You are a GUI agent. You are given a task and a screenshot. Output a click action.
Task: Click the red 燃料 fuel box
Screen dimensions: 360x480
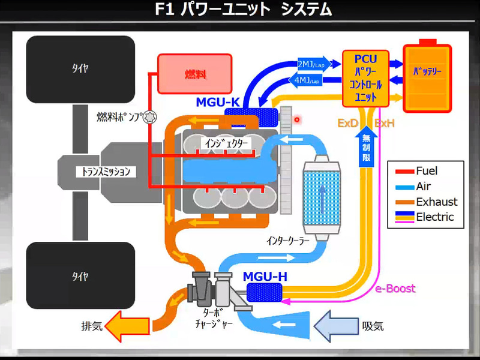click(194, 74)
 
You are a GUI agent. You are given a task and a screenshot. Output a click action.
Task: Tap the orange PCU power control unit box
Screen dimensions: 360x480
click(365, 79)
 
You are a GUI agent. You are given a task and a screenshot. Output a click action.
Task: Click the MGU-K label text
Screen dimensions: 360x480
click(218, 103)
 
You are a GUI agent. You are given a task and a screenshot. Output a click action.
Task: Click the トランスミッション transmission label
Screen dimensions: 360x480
click(106, 172)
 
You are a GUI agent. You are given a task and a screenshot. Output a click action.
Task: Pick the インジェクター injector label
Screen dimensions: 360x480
click(226, 143)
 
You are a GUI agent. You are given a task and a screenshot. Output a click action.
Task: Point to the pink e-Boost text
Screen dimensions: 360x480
click(395, 289)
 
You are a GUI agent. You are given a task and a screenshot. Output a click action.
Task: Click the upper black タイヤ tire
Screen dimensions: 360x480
click(80, 68)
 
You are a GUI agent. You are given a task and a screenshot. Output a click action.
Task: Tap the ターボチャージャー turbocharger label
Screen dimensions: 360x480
click(215, 317)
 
